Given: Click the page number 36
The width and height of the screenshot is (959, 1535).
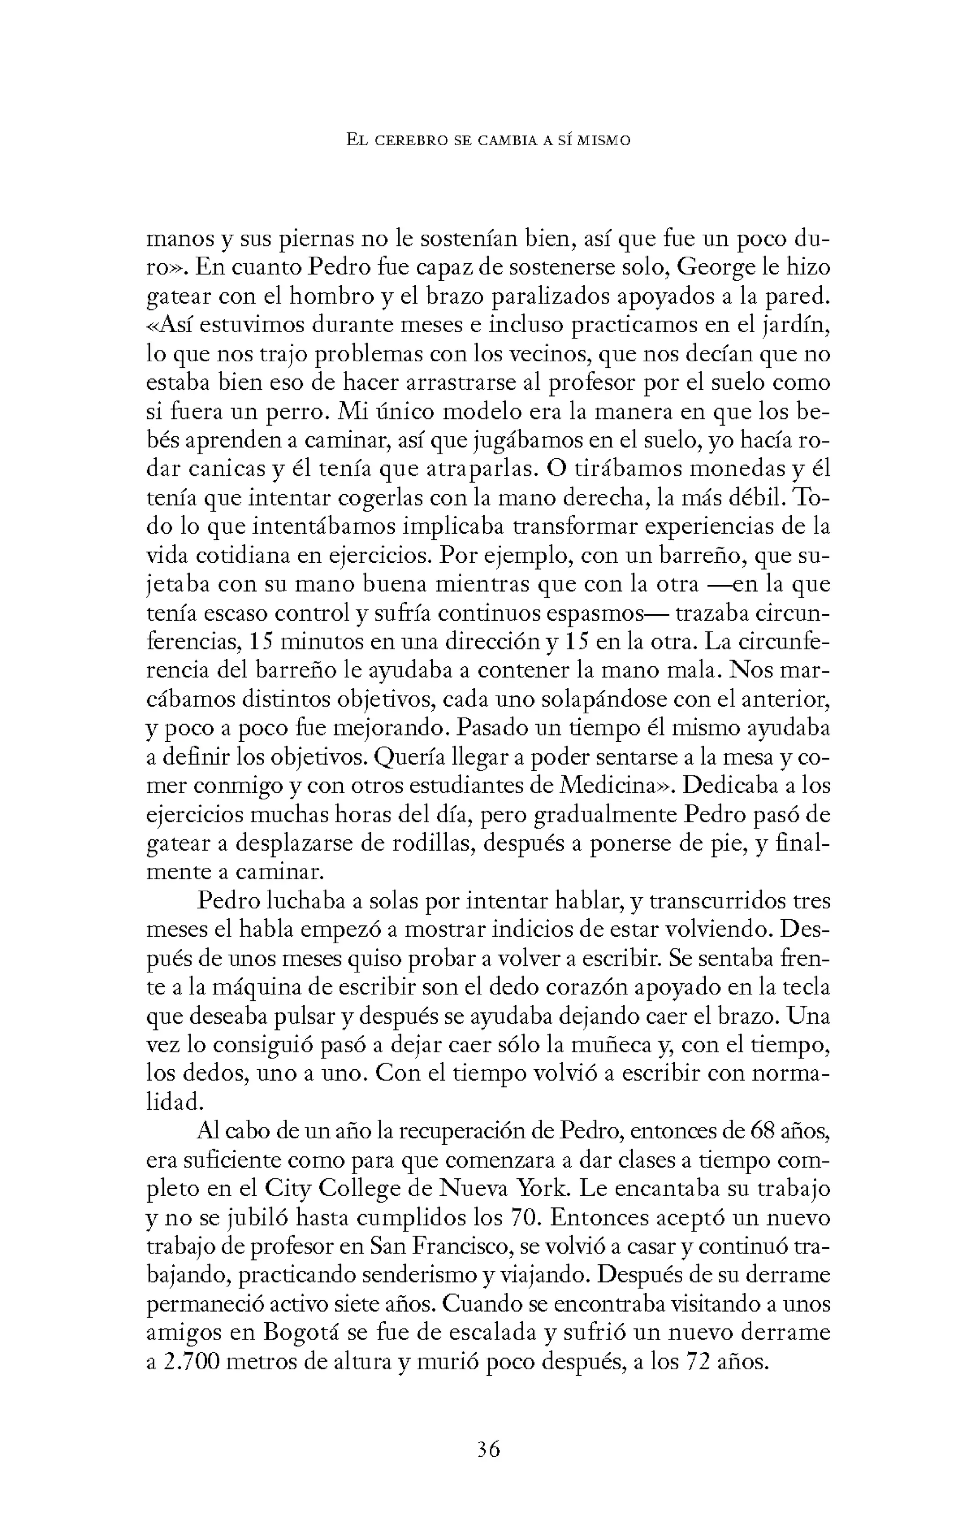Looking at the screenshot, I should point(488,1449).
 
